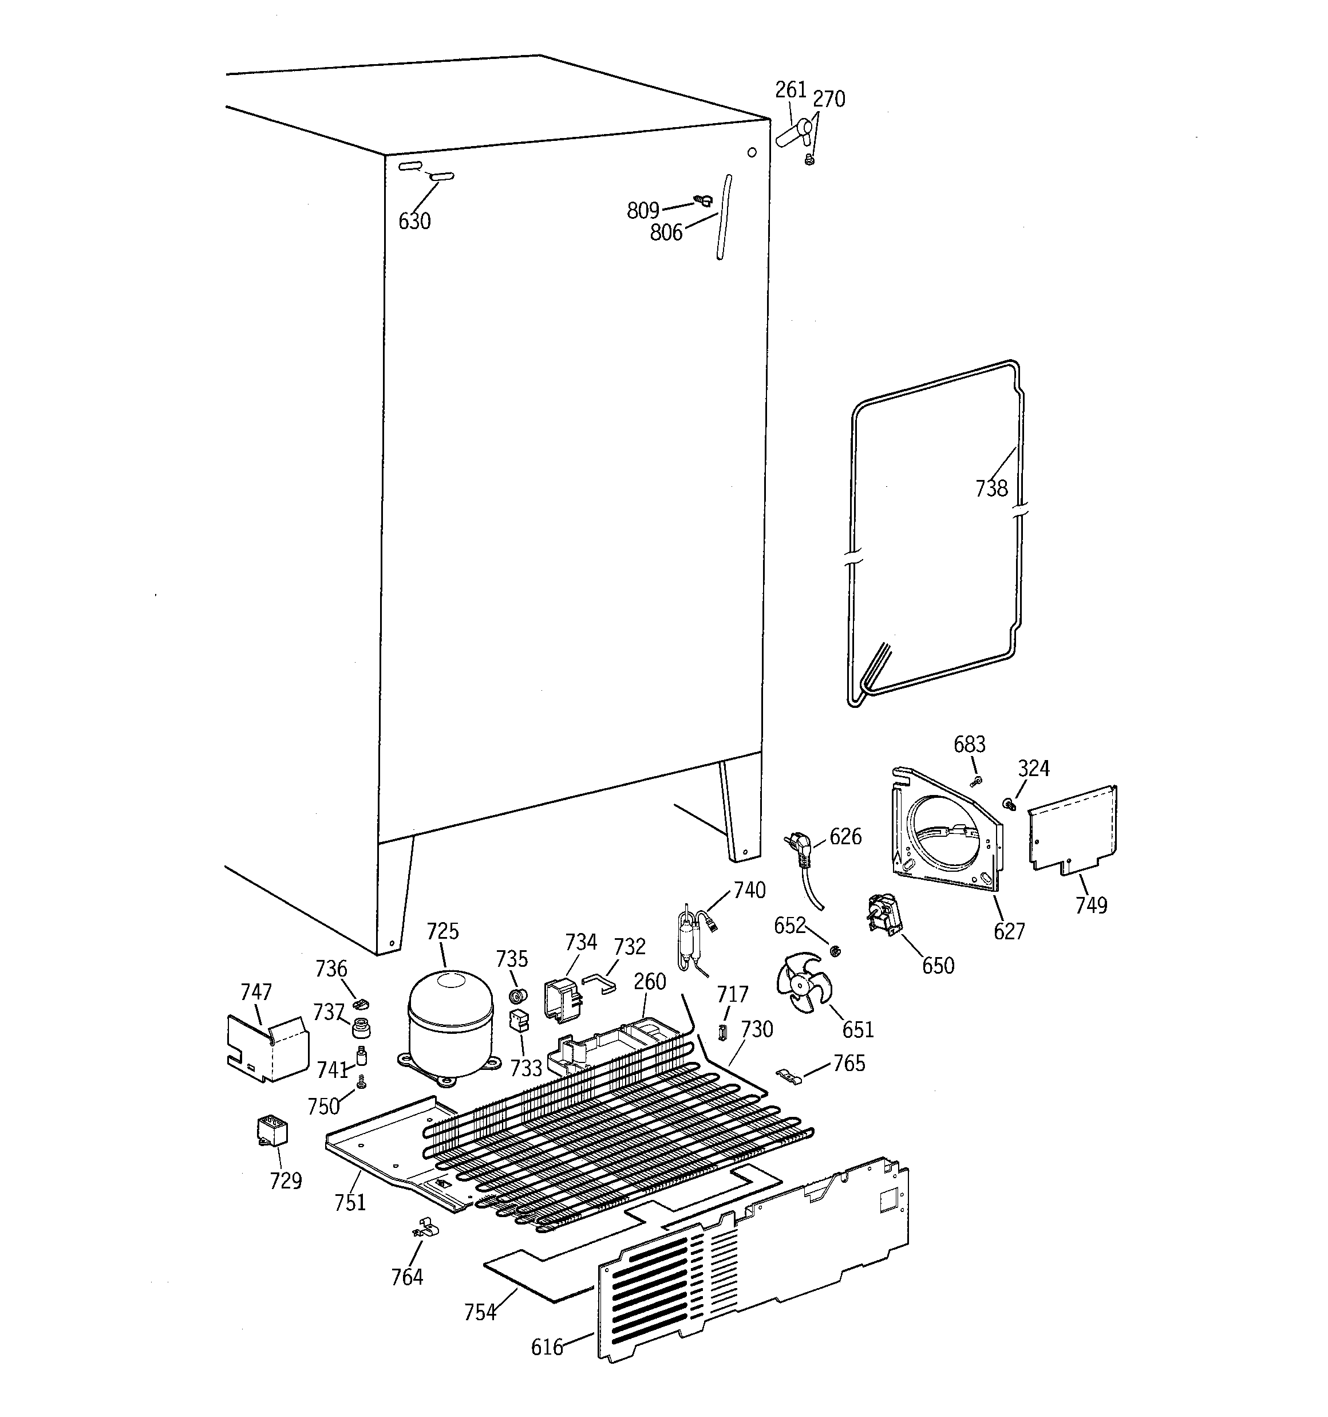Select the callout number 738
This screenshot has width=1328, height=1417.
coord(991,488)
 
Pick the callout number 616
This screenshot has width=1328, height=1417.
coord(547,1347)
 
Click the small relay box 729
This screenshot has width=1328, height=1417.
coord(271,1131)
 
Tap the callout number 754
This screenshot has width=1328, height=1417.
coord(480,1312)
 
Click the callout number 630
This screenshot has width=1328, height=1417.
coord(414,222)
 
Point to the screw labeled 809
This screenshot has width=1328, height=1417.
coord(703,201)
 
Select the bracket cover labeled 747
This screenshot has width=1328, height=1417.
coord(267,1047)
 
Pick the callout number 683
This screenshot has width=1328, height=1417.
coord(969,744)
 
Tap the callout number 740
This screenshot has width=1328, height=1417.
coord(749,889)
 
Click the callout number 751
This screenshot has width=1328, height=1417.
coord(350,1202)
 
